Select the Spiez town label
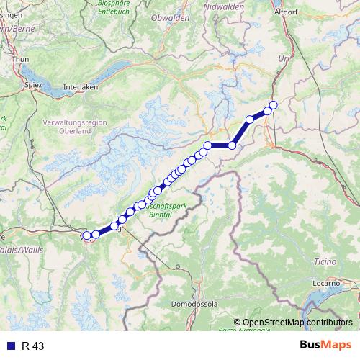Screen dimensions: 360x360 click(x=35, y=84)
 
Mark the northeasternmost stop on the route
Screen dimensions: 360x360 click(x=273, y=105)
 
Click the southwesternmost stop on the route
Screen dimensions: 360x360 click(x=86, y=235)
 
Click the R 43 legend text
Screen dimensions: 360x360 click(x=33, y=346)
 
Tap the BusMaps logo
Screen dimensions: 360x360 click(x=325, y=345)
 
